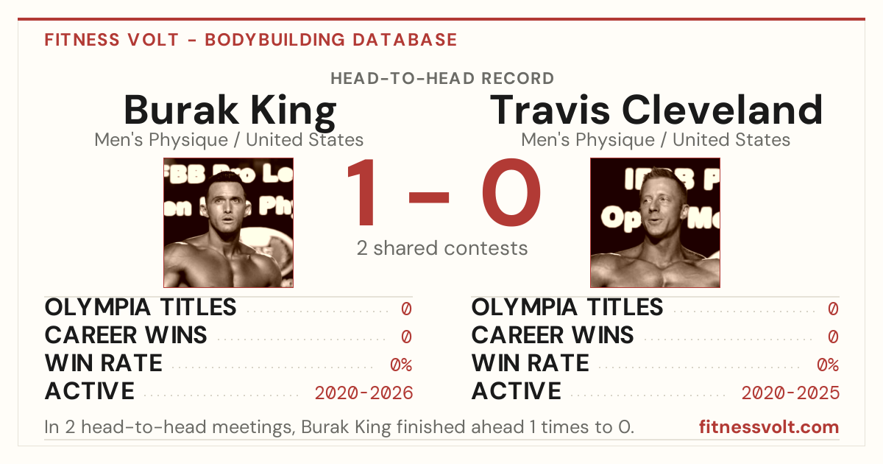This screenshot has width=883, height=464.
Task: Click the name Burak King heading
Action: [230, 112]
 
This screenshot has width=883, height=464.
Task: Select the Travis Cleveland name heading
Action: [656, 110]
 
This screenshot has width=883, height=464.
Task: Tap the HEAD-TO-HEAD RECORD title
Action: [442, 79]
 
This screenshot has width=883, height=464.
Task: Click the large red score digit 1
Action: [362, 192]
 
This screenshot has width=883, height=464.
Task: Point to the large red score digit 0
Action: [511, 192]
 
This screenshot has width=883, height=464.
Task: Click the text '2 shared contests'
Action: [442, 248]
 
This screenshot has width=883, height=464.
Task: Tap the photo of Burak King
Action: [229, 222]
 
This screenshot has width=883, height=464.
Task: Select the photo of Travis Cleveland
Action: [655, 222]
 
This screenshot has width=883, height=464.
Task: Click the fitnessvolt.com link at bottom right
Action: [769, 427]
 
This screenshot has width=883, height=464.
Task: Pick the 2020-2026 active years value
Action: [364, 393]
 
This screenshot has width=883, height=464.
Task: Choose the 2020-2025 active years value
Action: [790, 393]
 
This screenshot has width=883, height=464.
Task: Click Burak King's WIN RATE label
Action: [103, 363]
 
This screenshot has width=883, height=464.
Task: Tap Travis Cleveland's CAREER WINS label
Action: [553, 335]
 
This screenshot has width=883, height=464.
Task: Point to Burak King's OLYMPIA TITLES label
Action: [141, 307]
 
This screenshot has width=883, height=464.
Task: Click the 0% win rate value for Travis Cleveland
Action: [828, 365]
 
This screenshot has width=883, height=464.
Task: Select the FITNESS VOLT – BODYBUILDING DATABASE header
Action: [251, 40]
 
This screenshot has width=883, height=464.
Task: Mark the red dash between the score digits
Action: [429, 197]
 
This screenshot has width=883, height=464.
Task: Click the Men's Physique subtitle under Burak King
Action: [229, 140]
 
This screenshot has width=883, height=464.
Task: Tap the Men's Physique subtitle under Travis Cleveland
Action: [656, 140]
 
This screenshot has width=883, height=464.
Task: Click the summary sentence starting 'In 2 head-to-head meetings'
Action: [339, 427]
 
